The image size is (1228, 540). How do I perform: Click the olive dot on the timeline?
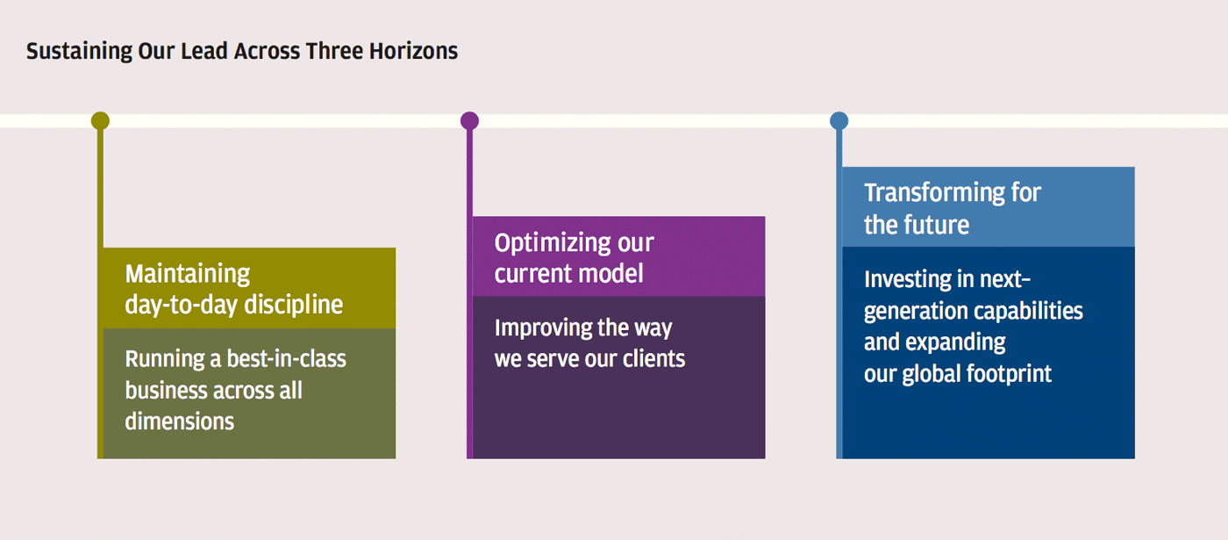[x=100, y=121]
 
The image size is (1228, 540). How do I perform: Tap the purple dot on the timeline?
[x=470, y=121]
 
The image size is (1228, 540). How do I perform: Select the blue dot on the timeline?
[x=839, y=121]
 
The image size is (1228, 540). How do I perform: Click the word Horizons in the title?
[x=413, y=51]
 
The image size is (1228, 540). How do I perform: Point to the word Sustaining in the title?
[x=80, y=52]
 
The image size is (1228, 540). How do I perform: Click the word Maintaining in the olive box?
[x=188, y=274]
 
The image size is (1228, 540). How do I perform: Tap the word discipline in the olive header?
[x=294, y=305]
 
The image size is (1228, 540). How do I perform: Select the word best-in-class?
[x=287, y=359]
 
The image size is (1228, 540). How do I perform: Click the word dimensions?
[x=179, y=421]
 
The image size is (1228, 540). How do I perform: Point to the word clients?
[x=654, y=359]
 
